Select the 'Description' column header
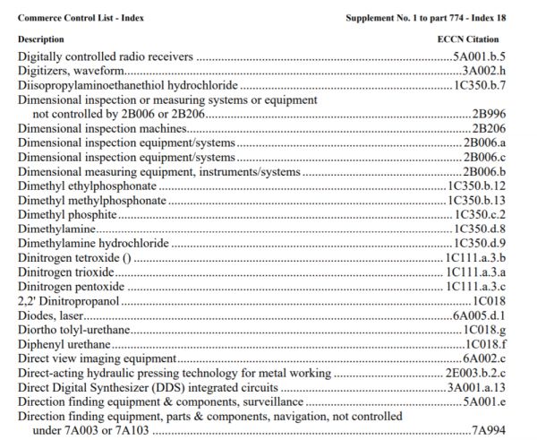click(x=40, y=39)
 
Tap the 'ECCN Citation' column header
click(x=469, y=39)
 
